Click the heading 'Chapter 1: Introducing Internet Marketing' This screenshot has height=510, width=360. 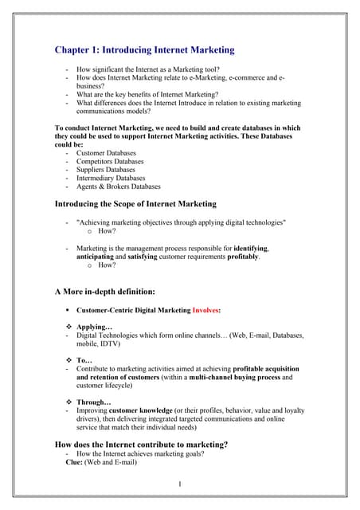[144, 50]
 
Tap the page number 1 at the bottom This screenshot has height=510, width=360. [180, 484]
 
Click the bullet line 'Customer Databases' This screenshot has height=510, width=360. [105, 153]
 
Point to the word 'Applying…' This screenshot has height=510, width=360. [94, 328]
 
